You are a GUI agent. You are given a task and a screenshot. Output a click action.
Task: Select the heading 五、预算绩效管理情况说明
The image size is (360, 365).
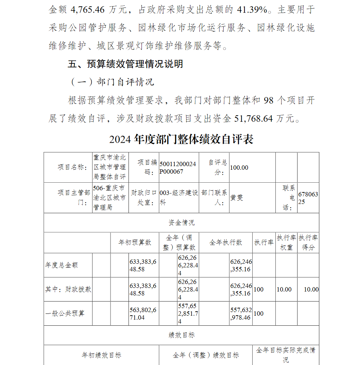(x=126, y=64)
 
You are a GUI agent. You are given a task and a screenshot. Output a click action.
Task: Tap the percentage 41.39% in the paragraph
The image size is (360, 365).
(x=255, y=10)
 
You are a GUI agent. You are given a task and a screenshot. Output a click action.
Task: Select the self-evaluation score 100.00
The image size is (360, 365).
(x=239, y=168)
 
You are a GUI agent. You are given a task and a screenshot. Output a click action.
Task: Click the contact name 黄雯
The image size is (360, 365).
(x=237, y=198)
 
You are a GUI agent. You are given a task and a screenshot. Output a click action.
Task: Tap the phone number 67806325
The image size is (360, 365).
(x=308, y=198)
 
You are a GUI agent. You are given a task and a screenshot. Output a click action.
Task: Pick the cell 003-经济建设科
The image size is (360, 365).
(x=179, y=198)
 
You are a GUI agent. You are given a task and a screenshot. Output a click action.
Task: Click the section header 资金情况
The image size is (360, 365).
(x=181, y=223)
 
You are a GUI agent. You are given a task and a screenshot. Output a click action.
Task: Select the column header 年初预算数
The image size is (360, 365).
(x=135, y=242)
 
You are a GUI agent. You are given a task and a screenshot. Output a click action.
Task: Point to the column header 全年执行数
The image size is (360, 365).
(x=226, y=242)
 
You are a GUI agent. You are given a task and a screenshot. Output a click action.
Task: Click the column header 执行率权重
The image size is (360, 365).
(x=286, y=242)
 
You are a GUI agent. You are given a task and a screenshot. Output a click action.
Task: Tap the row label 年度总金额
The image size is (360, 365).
(x=61, y=265)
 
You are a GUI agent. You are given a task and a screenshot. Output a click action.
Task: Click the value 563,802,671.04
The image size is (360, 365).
(x=143, y=313)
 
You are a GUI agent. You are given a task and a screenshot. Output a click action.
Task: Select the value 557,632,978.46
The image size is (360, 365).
(x=241, y=313)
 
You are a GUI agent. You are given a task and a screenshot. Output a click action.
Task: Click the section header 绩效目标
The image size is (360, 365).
(x=181, y=335)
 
